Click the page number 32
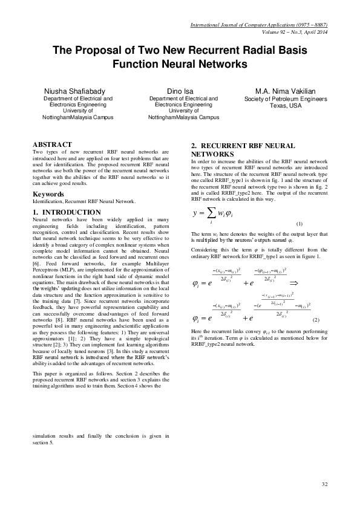pyautogui.click(x=324, y=484)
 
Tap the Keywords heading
pyautogui.click(x=48, y=194)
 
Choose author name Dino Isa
pyautogui.click(x=180, y=91)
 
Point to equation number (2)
pyautogui.click(x=315, y=319)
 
